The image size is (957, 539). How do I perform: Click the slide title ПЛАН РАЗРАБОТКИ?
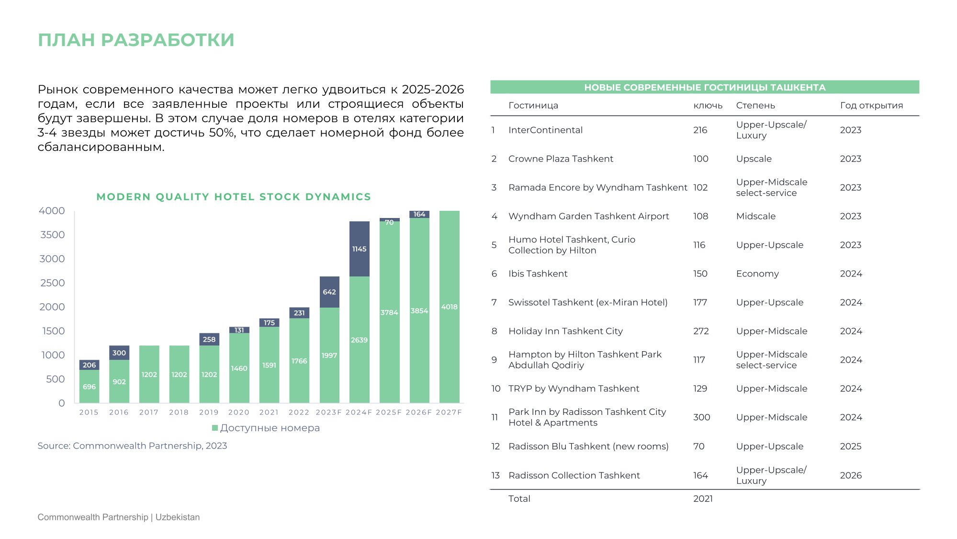click(136, 40)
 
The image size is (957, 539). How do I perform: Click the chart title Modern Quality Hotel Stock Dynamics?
click(234, 197)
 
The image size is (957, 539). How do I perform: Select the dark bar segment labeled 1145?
click(359, 249)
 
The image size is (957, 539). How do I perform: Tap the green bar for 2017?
click(149, 374)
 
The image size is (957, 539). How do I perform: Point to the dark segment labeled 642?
click(329, 292)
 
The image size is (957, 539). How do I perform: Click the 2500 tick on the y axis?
click(53, 283)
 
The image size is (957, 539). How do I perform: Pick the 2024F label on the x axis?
click(359, 412)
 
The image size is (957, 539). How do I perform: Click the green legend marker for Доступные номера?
click(215, 428)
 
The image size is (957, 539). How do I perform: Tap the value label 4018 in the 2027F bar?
click(449, 307)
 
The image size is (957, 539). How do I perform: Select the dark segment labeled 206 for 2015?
click(89, 365)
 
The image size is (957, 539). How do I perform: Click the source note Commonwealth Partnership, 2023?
click(132, 446)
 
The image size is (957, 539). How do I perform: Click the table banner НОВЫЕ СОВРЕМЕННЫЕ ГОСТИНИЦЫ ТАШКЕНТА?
click(705, 87)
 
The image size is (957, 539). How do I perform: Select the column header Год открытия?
click(871, 105)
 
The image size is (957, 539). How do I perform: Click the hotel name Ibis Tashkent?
click(538, 274)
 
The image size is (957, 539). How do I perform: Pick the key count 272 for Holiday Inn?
click(701, 331)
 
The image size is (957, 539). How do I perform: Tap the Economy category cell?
click(757, 274)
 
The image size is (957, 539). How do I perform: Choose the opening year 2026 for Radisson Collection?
click(851, 475)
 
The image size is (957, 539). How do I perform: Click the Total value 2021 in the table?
click(703, 499)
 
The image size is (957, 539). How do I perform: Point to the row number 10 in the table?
click(496, 389)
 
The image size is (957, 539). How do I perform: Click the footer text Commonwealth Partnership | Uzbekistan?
click(119, 517)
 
